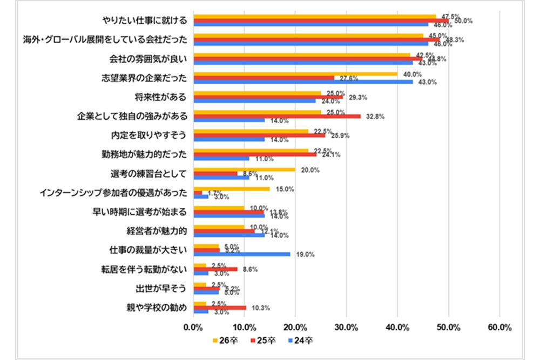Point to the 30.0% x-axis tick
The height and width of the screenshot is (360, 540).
(347, 328)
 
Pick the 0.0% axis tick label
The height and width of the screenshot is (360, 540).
(193, 328)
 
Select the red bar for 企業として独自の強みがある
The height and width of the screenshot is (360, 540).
(277, 116)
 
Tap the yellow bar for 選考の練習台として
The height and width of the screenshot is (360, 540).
(244, 169)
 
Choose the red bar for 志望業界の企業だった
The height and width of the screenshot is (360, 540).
(264, 78)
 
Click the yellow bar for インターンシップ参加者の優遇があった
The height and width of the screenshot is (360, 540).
(231, 189)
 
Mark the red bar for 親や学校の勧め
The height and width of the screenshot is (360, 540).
(219, 308)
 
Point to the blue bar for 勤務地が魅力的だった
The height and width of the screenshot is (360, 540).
(221, 159)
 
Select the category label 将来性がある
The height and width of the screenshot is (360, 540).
(160, 97)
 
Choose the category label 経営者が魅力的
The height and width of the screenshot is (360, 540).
(156, 231)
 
